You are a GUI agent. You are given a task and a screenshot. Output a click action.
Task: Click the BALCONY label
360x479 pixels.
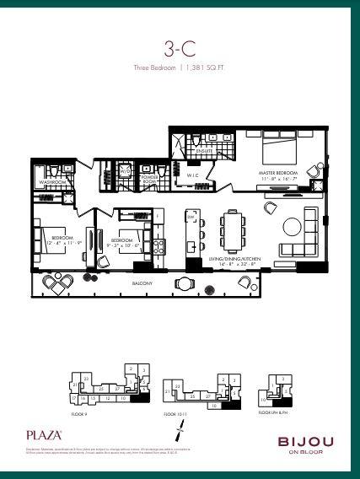142,283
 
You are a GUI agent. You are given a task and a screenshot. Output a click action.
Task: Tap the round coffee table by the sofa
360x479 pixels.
292,226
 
